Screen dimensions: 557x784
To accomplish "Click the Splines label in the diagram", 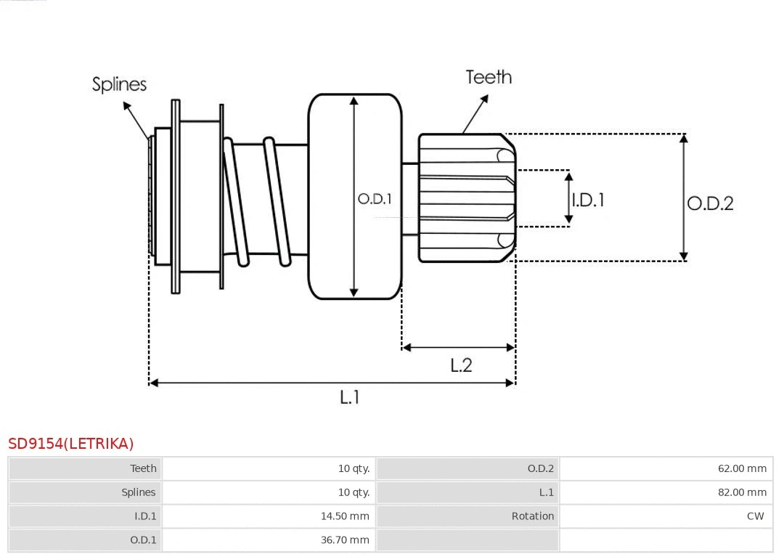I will point(119,84).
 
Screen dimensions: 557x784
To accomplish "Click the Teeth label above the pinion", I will point(489,77).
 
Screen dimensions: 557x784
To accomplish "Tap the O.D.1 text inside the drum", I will point(375,198).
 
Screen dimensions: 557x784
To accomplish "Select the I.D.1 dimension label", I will point(588,200).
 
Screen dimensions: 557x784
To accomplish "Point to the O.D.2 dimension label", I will point(710,203).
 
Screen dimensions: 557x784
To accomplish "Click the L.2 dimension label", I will point(461,365).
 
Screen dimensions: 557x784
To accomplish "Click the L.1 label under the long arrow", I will point(350,397).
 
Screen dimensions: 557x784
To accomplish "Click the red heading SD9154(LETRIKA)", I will point(71,443).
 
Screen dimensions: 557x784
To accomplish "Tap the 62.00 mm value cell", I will point(742,468).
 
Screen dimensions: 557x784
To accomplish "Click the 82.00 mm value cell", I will point(742,492).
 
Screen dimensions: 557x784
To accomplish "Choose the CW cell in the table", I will point(755,516).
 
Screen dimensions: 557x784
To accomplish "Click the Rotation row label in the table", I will point(532,516).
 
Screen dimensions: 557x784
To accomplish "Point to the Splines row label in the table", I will point(138,492).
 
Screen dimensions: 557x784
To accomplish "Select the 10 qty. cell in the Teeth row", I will point(354,468).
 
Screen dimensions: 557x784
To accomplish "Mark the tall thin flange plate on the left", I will point(176,196).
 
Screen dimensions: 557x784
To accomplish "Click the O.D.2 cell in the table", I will point(540,468).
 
